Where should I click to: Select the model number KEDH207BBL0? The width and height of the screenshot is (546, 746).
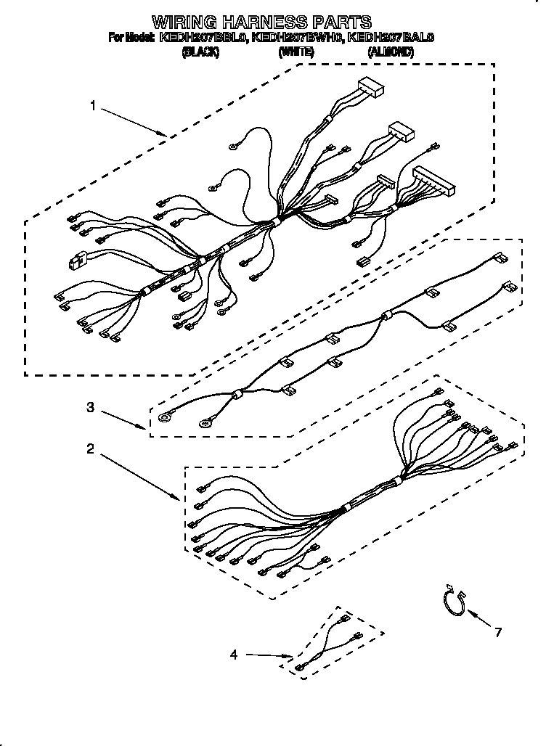[203, 37]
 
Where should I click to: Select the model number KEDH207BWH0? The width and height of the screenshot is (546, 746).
[297, 37]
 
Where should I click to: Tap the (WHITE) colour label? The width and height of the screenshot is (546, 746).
[296, 52]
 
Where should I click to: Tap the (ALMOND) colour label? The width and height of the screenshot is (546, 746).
[391, 52]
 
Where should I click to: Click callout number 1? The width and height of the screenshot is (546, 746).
[93, 107]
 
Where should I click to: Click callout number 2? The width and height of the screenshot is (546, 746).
[90, 449]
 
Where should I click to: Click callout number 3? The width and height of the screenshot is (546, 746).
[90, 407]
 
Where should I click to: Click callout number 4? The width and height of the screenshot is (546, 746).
[234, 655]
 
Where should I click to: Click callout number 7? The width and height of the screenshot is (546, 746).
[498, 633]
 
